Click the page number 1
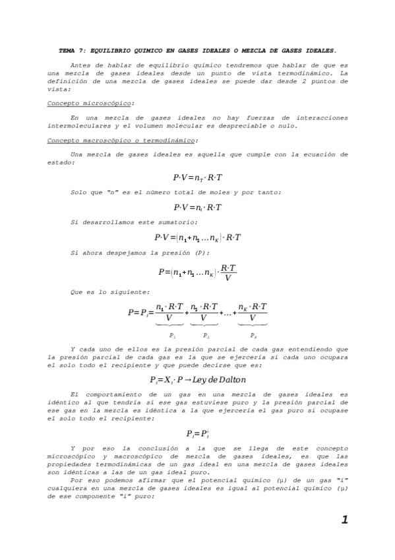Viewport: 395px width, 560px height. [344, 520]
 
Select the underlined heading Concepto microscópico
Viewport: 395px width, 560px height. [90, 104]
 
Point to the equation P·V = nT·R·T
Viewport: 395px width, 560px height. [198, 178]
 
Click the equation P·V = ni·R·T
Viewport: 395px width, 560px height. [198, 207]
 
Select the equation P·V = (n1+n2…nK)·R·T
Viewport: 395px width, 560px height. [198, 237]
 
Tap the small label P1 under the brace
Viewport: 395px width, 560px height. [172, 335]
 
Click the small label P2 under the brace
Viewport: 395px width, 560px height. [206, 335]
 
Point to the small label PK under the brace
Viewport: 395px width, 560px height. [253, 335]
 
